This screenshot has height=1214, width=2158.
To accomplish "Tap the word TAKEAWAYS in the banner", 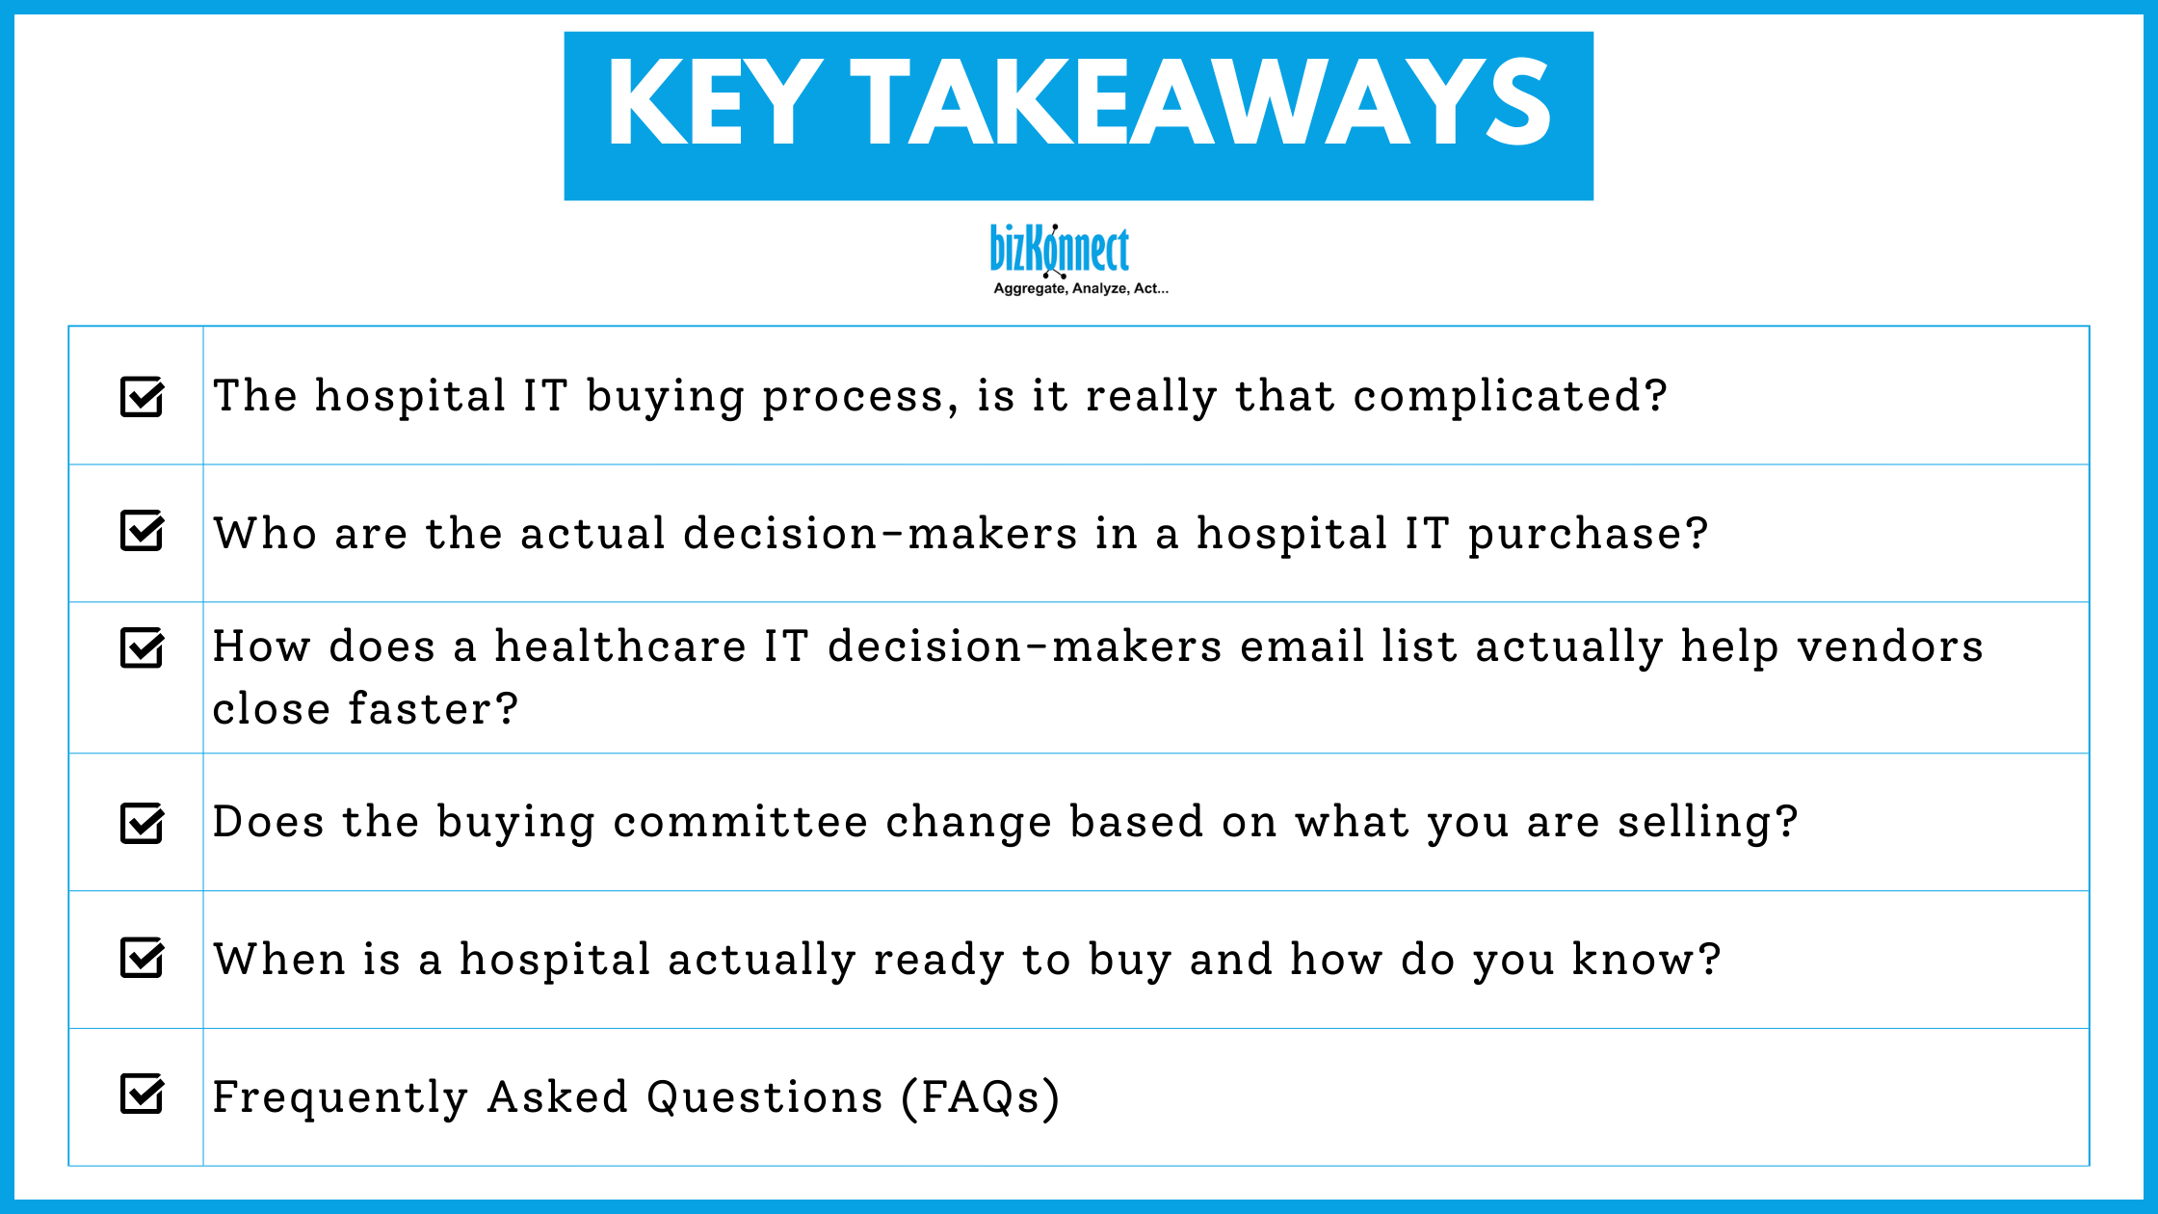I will coord(1200,103).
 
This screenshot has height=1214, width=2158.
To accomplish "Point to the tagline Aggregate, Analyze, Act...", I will coord(1080,288).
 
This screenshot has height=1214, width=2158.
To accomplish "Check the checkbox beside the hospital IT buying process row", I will coord(143,396).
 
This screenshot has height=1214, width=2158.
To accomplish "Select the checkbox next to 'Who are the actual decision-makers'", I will coord(143,530).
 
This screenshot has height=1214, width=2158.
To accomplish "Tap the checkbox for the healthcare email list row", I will coord(143,647).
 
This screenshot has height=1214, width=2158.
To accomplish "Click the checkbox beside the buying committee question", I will coord(143,823).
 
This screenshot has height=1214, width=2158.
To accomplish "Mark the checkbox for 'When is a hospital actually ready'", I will coord(143,958).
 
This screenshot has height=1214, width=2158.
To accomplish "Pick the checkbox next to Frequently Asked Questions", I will coord(143,1094).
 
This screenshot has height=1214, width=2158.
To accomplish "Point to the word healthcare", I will coord(620,647).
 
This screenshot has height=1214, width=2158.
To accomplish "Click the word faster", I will coord(433,709).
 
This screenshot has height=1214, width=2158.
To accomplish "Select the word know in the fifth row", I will coord(1645,960).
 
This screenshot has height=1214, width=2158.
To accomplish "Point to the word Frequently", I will coord(340,1097).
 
